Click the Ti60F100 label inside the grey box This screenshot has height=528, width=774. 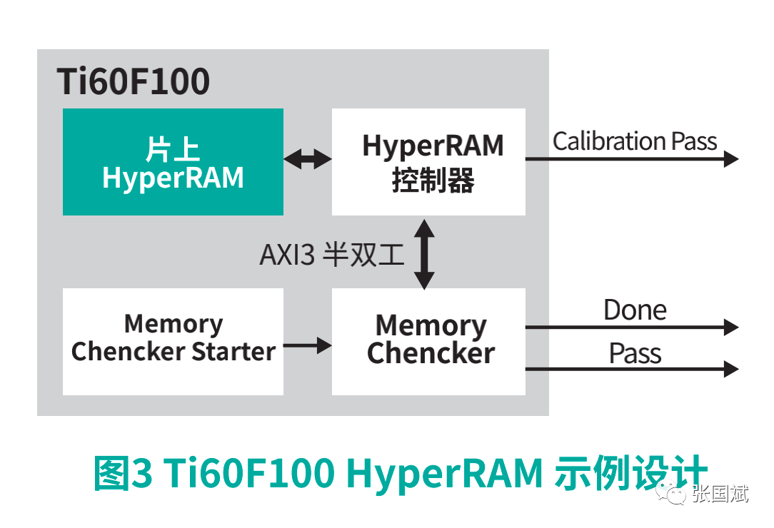[x=134, y=81]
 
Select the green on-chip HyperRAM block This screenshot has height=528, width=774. [x=173, y=162]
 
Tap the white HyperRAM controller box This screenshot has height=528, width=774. [x=428, y=162]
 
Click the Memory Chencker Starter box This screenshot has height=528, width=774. [x=173, y=341]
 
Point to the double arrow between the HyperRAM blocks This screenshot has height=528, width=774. [x=308, y=159]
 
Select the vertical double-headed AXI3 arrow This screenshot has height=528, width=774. [x=424, y=254]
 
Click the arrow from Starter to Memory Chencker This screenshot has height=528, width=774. [x=308, y=346]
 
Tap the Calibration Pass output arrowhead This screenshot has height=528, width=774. [x=730, y=158]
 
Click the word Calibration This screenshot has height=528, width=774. [x=598, y=141]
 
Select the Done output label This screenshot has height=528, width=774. [x=635, y=310]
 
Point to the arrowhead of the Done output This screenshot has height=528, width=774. [x=730, y=328]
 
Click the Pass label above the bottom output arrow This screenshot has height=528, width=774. [x=635, y=353]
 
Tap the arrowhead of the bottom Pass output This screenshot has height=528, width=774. [x=730, y=369]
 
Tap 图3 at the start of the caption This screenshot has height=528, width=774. [x=122, y=472]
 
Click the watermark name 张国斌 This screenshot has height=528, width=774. [x=720, y=493]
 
